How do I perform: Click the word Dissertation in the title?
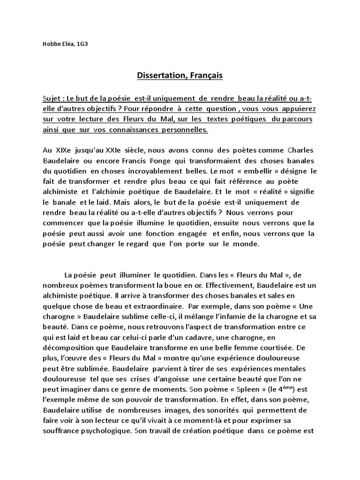[160, 75]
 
